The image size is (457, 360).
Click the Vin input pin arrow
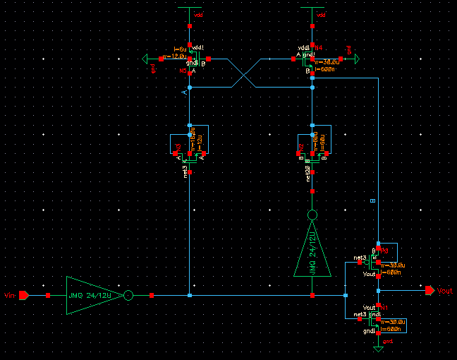23,294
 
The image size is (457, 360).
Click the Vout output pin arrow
429,290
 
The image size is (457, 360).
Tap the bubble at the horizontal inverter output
128,294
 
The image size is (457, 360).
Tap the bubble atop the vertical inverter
312,215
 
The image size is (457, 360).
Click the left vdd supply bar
190,8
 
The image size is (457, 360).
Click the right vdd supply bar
312,8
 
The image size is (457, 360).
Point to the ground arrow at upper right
357,59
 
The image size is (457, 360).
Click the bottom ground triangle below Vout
378,349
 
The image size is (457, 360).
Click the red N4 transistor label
319,48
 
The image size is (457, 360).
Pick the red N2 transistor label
301,147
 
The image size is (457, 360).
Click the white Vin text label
9,294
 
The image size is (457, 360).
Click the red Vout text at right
445,291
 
